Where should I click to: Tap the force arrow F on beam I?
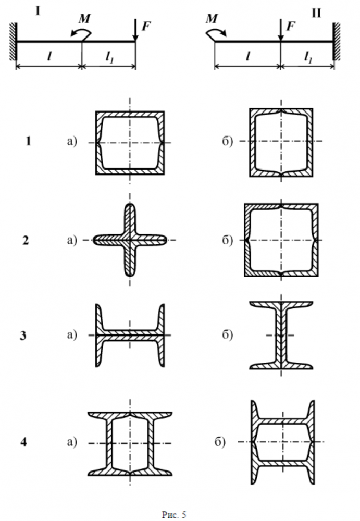tap(135, 30)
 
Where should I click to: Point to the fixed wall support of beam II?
tap(337, 41)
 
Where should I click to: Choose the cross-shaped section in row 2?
tap(130, 240)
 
